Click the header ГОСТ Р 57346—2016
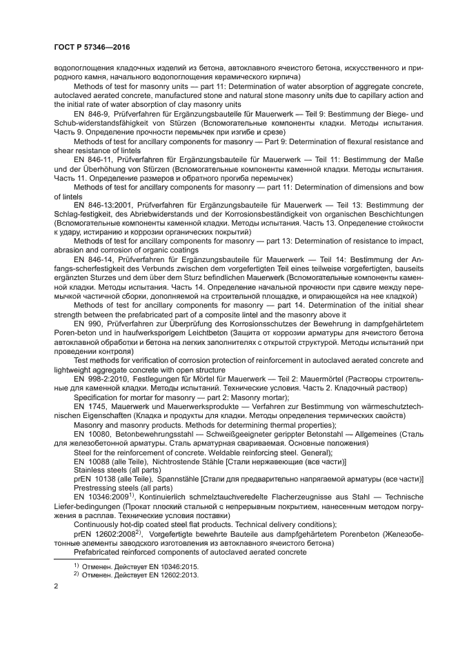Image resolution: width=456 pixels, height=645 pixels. tap(92, 48)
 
